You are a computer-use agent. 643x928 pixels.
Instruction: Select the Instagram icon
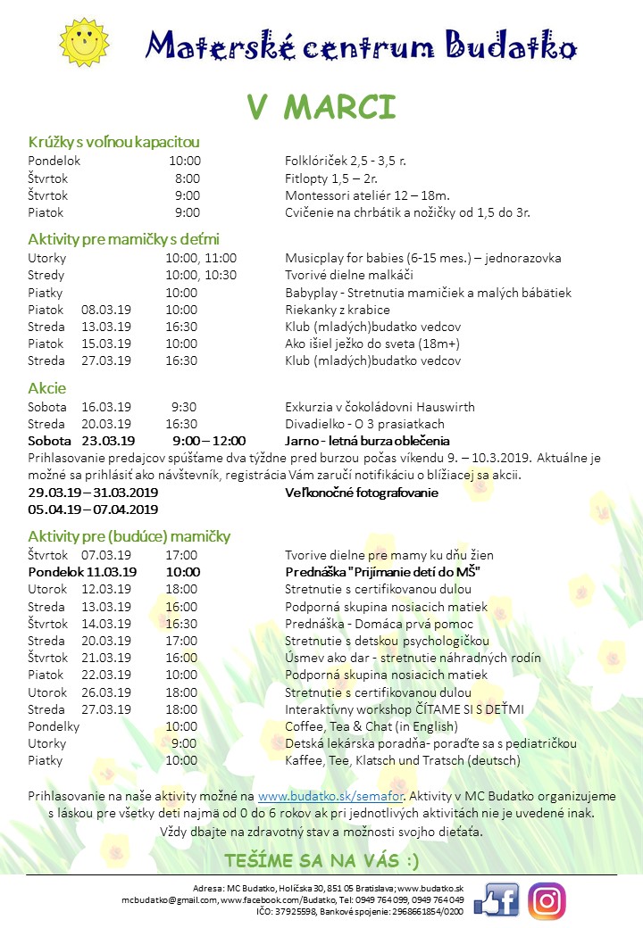pos(547,900)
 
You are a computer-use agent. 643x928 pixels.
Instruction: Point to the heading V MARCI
pos(321,106)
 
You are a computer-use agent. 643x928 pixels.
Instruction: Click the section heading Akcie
pos(46,388)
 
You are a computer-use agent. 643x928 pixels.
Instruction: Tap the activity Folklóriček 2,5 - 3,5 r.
pos(346,162)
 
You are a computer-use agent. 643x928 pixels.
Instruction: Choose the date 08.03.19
pos(106,310)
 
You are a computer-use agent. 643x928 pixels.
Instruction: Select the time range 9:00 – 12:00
pos(209,441)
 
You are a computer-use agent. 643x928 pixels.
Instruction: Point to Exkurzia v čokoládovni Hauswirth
pos(380,407)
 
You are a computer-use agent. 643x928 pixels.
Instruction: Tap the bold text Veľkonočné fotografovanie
pos(361,493)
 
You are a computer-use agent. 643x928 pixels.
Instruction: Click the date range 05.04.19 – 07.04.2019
pos(93,510)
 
